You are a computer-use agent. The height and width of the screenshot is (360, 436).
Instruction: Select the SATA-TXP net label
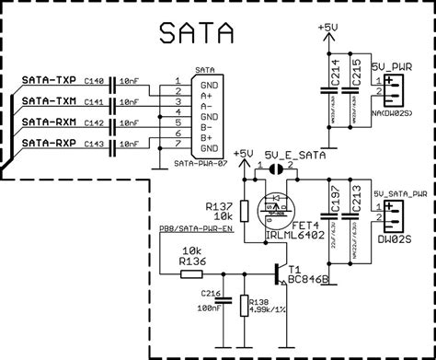coord(49,83)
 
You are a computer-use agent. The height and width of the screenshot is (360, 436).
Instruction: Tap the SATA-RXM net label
coord(49,122)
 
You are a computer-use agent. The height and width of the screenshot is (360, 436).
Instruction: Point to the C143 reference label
coord(95,144)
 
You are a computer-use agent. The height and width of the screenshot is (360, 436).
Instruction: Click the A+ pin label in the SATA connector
coord(211,94)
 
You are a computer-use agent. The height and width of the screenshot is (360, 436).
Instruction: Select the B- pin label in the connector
coord(211,127)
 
